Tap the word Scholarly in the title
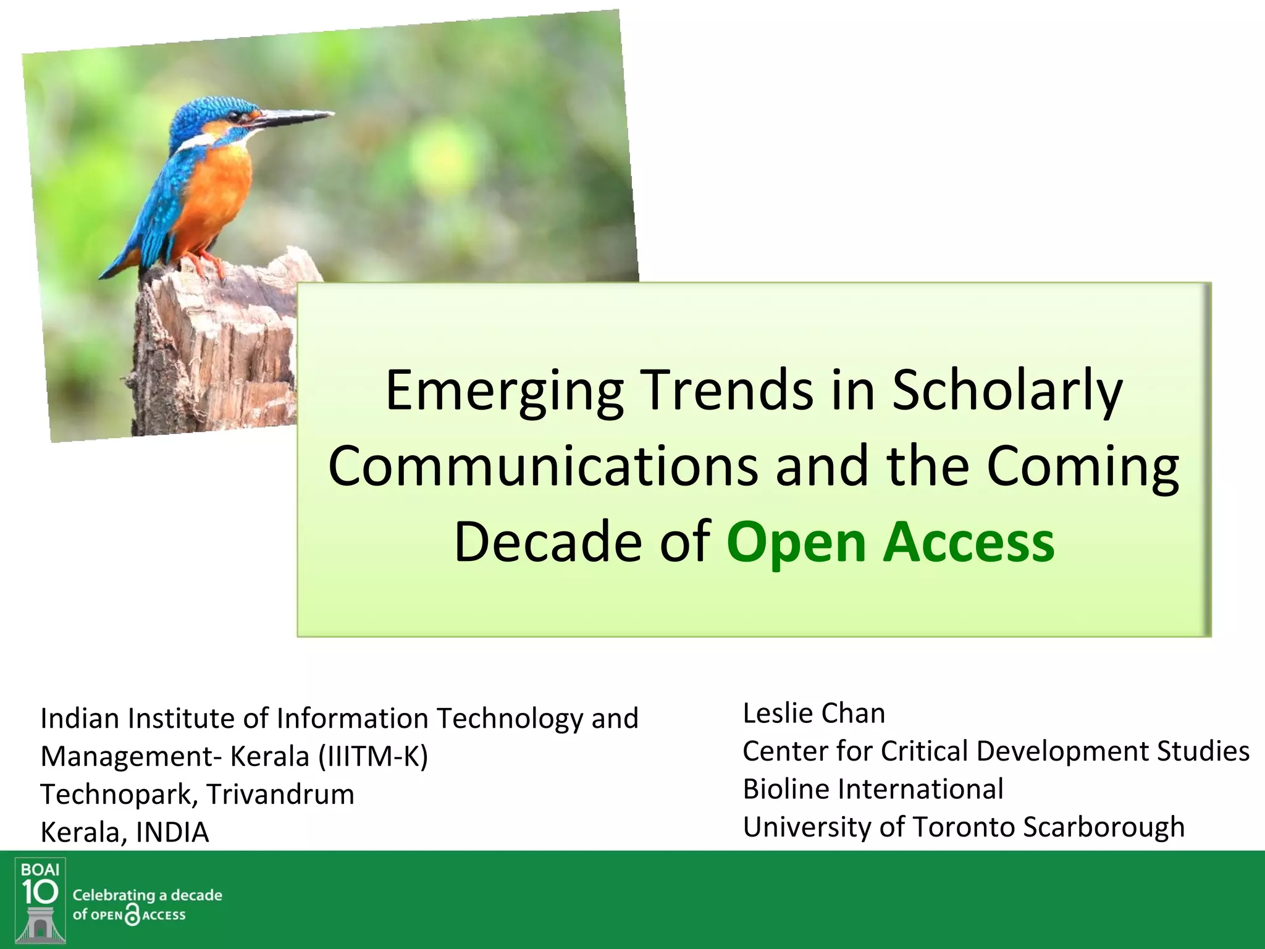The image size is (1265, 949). (1007, 390)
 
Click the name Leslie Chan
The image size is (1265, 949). (813, 713)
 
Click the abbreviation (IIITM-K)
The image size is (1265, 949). (372, 756)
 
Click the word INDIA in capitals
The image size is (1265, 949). (172, 832)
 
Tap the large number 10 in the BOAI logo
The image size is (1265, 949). (40, 892)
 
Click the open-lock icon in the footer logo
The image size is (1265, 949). (132, 915)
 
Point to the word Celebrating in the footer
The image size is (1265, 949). (114, 895)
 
